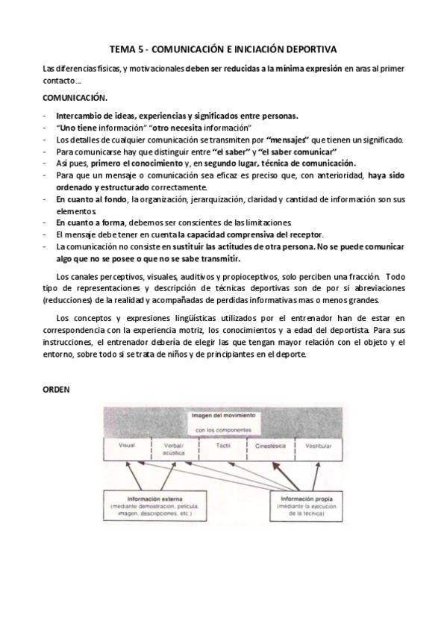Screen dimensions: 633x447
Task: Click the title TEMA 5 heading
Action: (x=223, y=49)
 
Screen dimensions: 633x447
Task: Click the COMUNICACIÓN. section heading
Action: (x=75, y=99)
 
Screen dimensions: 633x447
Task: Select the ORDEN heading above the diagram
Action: (x=55, y=389)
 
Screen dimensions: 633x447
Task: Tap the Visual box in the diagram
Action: (x=128, y=448)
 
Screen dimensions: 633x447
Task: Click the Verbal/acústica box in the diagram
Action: (x=175, y=449)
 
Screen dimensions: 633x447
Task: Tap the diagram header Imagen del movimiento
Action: (x=223, y=415)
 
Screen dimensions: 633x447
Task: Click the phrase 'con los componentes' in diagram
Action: (x=223, y=430)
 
